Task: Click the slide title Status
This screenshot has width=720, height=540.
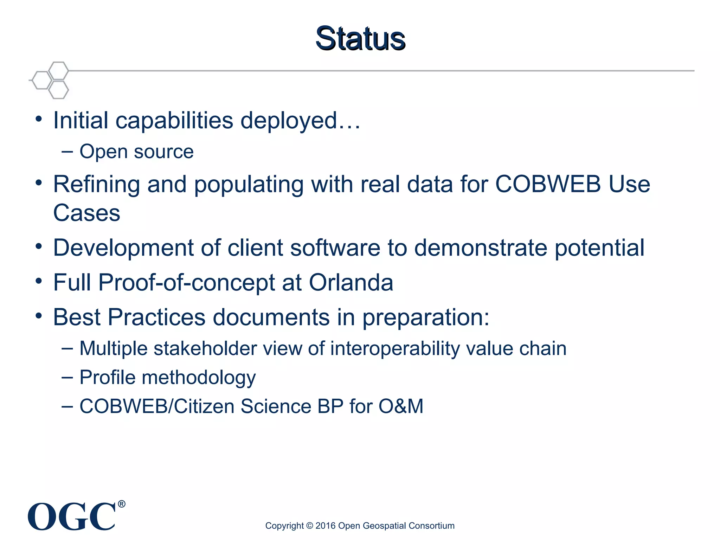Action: [360, 38]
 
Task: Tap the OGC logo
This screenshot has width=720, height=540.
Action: [72, 516]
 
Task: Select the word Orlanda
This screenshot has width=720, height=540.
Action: [351, 282]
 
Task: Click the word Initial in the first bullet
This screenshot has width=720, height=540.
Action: [81, 120]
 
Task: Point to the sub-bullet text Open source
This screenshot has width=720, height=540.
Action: [136, 152]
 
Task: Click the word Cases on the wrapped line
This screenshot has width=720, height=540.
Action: [86, 213]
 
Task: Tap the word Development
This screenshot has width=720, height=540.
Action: [123, 248]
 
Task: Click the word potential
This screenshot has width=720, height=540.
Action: [599, 248]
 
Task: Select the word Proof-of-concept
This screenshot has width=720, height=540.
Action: [187, 282]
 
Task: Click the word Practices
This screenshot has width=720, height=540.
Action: [156, 317]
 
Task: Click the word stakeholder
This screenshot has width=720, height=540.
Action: [205, 348]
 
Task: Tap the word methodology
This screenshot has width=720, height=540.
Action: [199, 378]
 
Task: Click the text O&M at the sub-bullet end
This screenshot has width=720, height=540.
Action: [401, 406]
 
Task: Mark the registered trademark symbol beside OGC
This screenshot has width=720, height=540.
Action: [121, 504]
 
